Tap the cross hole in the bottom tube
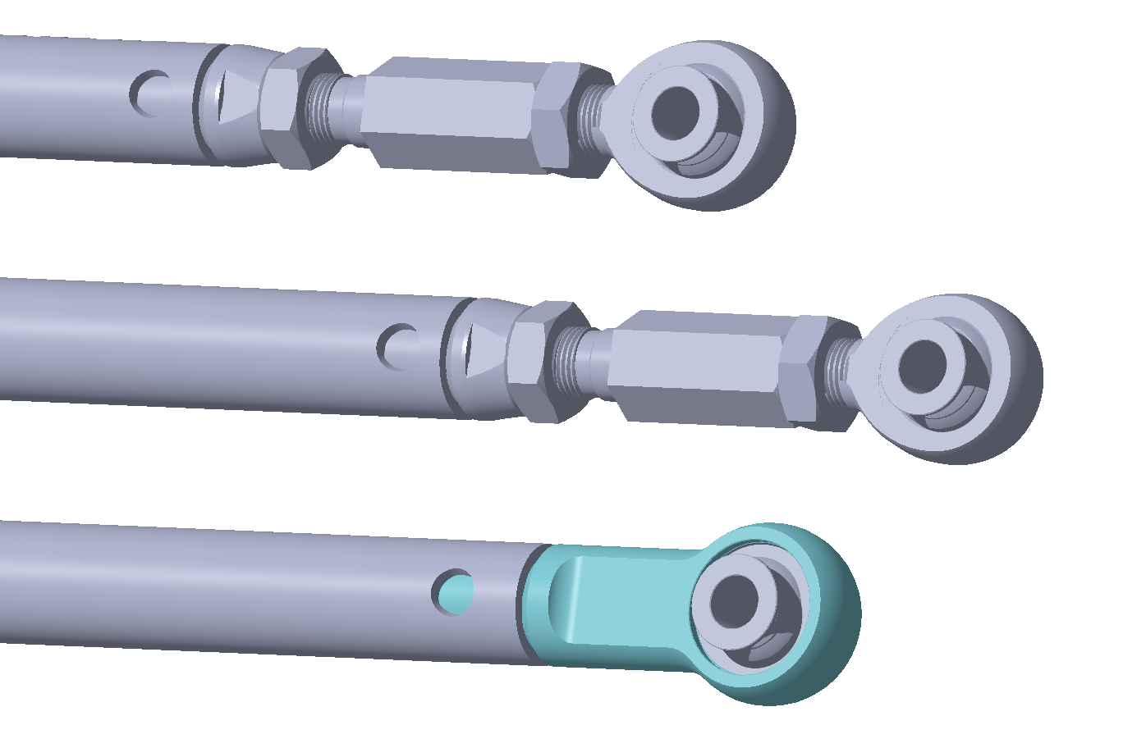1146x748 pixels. [454, 592]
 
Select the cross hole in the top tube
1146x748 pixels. [151, 93]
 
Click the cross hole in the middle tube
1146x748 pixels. [399, 347]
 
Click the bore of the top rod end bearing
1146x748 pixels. [675, 112]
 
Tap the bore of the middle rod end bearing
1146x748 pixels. [922, 367]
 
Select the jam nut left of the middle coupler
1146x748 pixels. [538, 362]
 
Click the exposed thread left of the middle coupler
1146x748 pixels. [572, 361]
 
